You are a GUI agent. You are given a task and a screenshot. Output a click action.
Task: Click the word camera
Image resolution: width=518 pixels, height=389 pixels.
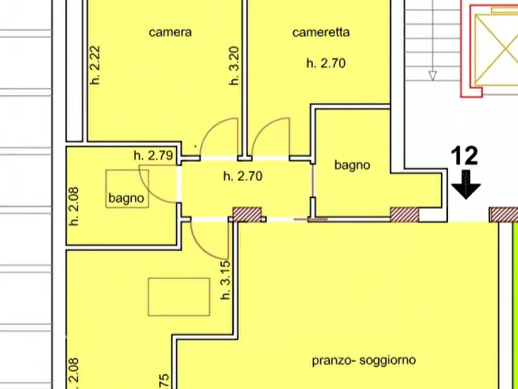[170, 33]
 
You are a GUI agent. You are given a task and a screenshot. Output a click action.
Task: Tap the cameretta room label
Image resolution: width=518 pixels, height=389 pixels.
[321, 33]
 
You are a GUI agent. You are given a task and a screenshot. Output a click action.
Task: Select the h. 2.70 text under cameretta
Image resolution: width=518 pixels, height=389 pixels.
[326, 63]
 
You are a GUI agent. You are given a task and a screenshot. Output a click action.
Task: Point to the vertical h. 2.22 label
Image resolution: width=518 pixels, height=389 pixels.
[96, 66]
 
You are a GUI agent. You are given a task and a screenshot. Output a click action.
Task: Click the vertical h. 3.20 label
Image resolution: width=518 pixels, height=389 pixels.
[234, 66]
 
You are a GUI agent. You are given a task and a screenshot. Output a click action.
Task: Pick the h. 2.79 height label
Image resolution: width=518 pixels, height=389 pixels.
[153, 155]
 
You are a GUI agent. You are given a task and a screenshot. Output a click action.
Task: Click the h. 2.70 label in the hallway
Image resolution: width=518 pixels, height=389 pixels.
[242, 176]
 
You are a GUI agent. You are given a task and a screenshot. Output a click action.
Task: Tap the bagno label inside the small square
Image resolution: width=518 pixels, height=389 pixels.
[126, 198]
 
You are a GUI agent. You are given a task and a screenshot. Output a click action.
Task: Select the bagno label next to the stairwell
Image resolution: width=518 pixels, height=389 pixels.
[352, 165]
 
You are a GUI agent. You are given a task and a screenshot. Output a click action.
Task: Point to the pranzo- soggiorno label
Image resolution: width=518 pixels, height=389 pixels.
[364, 360]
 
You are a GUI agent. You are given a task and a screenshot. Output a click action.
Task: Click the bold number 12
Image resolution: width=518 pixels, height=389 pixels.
[464, 156]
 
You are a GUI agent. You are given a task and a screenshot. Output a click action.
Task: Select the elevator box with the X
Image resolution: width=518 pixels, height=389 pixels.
[495, 49]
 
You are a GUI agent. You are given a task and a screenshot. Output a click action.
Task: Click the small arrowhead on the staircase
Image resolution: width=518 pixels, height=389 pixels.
[432, 75]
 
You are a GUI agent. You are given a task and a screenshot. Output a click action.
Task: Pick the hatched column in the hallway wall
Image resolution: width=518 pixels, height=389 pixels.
[248, 214]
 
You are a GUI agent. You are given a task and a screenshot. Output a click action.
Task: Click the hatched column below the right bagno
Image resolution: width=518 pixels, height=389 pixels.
[404, 214]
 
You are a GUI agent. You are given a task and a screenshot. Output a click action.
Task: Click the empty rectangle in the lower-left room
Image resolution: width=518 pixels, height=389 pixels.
[179, 296]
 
